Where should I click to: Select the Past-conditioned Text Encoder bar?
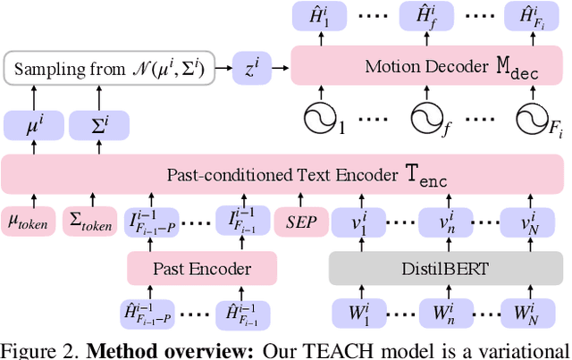(285, 174)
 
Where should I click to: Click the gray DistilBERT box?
(442, 266)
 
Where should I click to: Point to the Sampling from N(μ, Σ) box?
(110, 67)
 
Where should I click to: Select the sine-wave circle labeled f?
(427, 116)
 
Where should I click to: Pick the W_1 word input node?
(355, 314)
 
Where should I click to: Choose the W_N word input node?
(531, 314)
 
